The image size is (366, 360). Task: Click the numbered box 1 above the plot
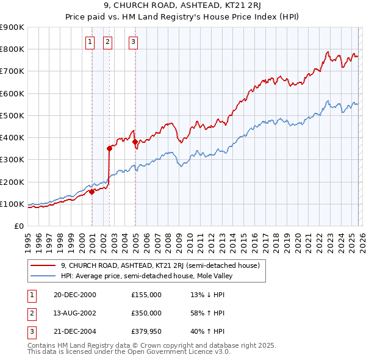coord(90,42)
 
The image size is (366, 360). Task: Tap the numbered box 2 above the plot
coord(107,42)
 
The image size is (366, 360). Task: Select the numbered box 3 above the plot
coord(133,42)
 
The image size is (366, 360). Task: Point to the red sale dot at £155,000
coord(91,192)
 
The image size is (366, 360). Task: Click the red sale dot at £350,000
coord(109,148)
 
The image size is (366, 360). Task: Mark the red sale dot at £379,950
coord(135,142)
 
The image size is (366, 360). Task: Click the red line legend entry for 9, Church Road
coord(160,265)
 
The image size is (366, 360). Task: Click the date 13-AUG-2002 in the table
coord(74,313)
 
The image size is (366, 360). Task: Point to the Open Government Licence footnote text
coord(129,352)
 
